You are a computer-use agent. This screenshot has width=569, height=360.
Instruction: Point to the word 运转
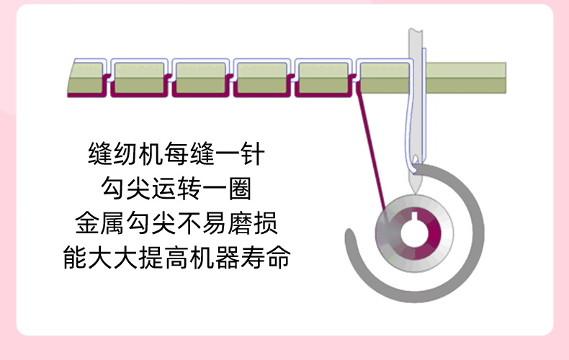(x=177, y=189)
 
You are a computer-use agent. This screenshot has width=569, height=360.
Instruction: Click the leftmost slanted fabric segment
(x=85, y=78)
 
